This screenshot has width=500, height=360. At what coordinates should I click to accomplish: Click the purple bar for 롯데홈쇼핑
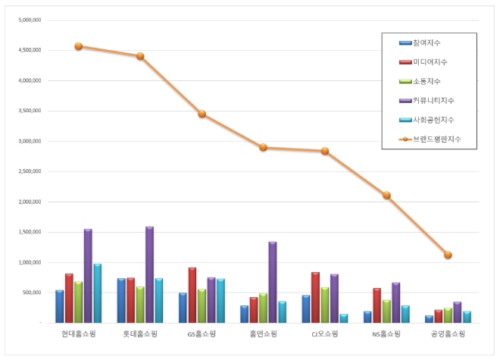click(x=149, y=274)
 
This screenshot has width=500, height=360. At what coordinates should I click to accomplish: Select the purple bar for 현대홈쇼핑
click(x=88, y=276)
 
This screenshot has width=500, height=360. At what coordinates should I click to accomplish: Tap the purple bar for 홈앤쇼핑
click(x=273, y=282)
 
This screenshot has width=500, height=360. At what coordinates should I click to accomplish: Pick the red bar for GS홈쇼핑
click(x=192, y=295)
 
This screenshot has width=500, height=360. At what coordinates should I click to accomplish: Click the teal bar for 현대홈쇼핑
click(x=98, y=293)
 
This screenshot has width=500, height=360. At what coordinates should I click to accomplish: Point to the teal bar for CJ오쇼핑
click(x=344, y=318)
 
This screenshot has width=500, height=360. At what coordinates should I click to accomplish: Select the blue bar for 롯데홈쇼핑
click(x=121, y=300)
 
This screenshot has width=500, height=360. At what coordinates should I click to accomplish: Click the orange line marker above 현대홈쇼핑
click(x=79, y=46)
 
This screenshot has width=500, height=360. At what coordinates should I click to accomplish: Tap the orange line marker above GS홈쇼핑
click(x=202, y=114)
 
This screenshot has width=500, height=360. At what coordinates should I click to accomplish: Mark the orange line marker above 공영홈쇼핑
click(x=448, y=255)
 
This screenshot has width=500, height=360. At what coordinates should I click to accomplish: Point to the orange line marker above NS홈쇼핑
click(x=386, y=195)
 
